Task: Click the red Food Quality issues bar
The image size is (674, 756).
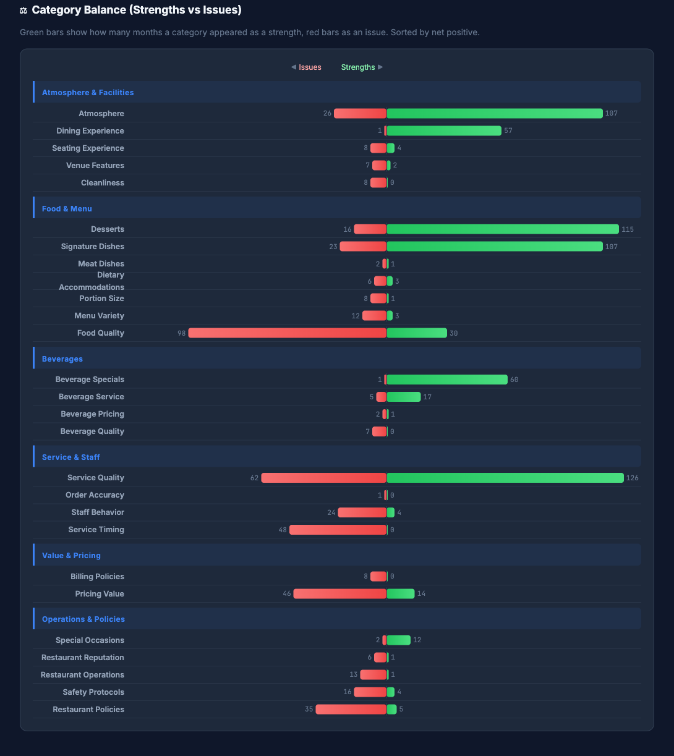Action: click(288, 333)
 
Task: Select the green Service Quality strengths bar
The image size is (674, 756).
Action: click(505, 478)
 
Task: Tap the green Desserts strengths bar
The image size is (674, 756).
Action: click(503, 229)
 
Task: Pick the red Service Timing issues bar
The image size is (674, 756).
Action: click(338, 530)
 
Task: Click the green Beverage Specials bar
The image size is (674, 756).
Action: click(447, 380)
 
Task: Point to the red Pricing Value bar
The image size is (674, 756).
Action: click(340, 594)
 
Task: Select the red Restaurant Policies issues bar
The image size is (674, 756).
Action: click(351, 710)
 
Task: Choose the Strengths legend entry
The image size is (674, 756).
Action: click(358, 67)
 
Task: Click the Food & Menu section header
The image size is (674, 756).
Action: click(67, 209)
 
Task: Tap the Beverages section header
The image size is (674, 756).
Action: click(62, 359)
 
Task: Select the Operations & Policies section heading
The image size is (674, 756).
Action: click(83, 619)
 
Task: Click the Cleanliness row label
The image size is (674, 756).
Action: click(103, 183)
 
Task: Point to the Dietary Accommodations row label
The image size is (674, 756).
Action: click(92, 281)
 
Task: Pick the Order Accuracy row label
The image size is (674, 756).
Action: click(95, 495)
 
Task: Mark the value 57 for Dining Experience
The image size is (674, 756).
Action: click(508, 131)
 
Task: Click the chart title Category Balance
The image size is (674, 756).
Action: click(137, 10)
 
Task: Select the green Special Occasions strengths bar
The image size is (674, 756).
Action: click(399, 640)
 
